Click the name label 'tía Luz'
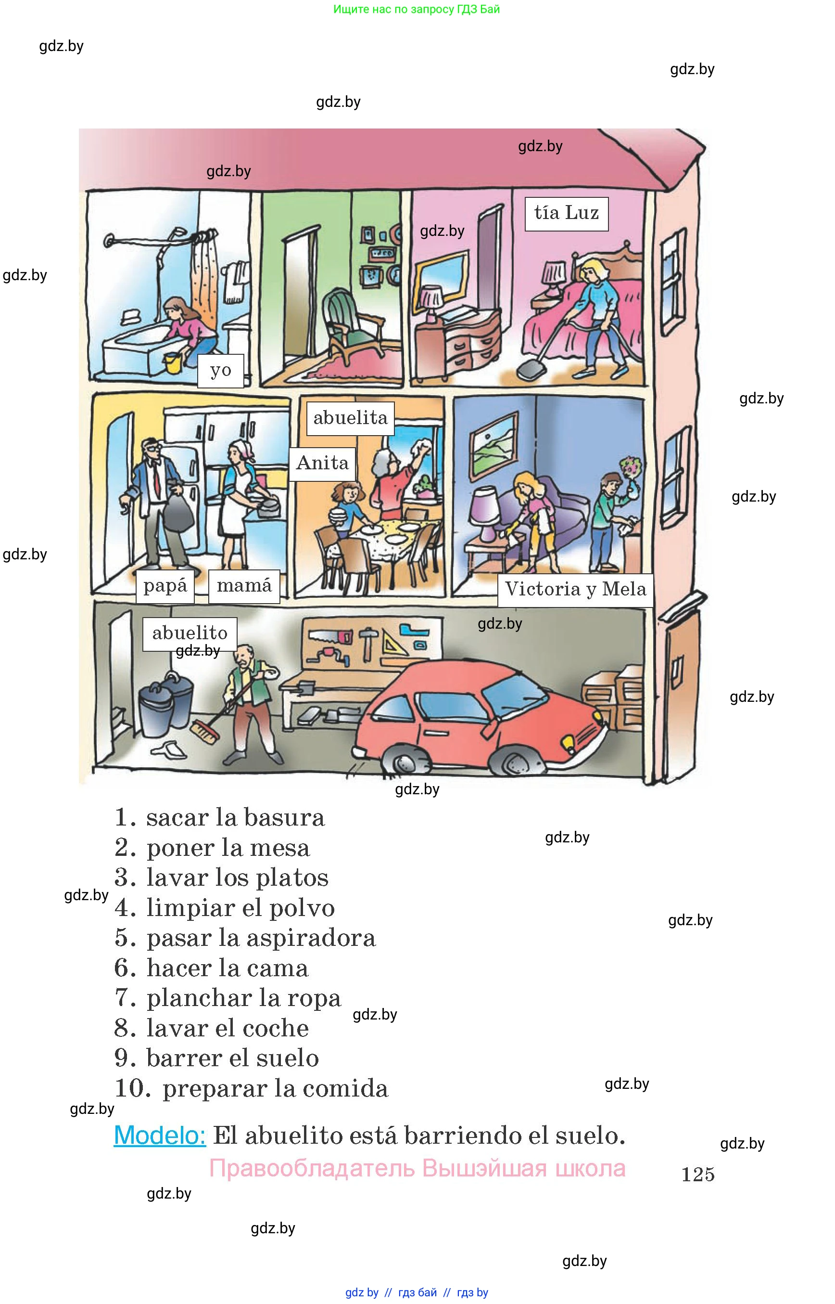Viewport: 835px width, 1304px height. (x=566, y=213)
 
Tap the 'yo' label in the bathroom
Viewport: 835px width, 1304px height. (x=220, y=371)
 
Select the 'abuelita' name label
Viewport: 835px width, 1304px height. (x=350, y=418)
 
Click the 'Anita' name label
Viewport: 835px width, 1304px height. (x=322, y=464)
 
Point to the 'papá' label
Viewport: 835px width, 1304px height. (x=165, y=586)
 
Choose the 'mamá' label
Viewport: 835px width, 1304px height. (x=244, y=586)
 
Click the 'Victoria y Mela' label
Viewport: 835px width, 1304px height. (x=575, y=590)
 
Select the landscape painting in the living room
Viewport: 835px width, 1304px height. (x=493, y=443)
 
